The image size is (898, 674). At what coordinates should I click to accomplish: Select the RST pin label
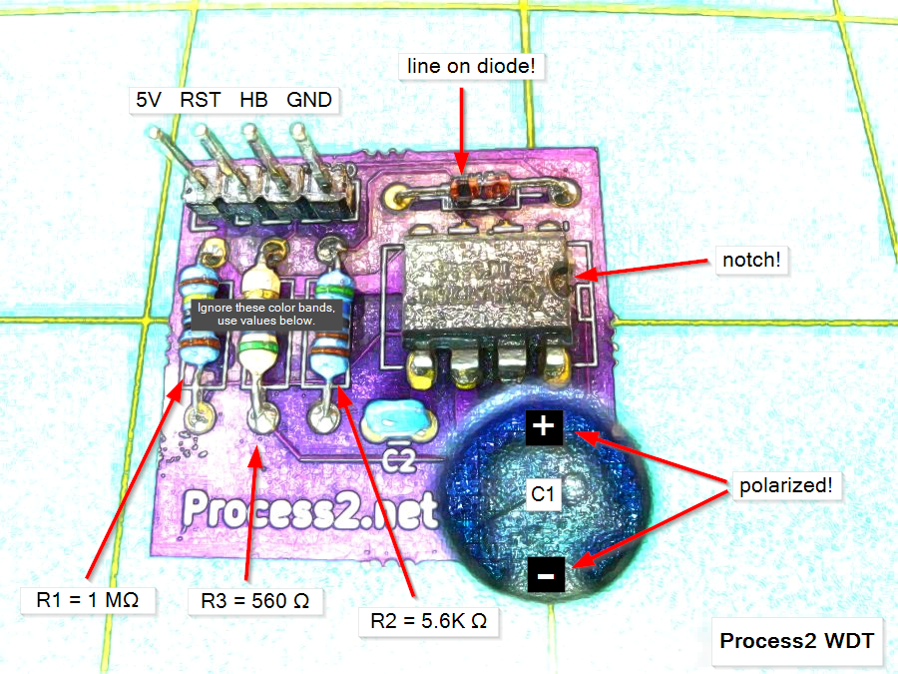(x=200, y=100)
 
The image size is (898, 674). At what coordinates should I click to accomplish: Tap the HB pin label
(x=253, y=100)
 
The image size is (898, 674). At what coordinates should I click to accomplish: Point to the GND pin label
(x=309, y=100)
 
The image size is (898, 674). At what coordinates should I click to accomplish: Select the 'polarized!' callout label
(x=785, y=487)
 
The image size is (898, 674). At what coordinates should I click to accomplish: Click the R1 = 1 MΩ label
(x=87, y=600)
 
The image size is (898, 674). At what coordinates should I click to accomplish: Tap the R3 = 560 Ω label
(x=255, y=600)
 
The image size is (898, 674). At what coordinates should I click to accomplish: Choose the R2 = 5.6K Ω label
(x=429, y=620)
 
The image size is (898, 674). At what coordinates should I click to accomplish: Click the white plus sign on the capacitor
(x=543, y=427)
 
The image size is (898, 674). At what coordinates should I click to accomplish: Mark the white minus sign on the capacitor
(x=544, y=576)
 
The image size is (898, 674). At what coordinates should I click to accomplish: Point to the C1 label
(x=545, y=493)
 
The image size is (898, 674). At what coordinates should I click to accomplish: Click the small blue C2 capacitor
(x=400, y=420)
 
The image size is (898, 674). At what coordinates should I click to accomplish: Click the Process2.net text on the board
(x=310, y=510)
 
